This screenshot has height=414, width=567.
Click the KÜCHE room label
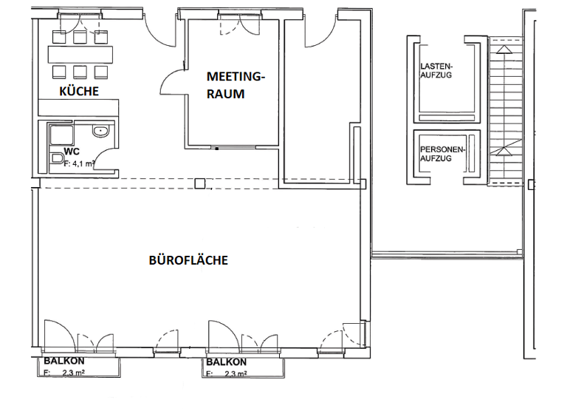(78, 91)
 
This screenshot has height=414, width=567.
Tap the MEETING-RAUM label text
(235, 84)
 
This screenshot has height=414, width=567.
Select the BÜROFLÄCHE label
(188, 260)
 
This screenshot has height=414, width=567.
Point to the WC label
(72, 151)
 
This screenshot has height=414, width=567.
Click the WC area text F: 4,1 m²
(80, 164)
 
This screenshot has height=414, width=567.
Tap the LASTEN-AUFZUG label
(436, 70)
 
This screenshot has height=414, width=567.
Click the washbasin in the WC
(101, 132)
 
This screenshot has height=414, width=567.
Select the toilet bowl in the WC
(57, 157)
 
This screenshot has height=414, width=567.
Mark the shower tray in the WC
(60, 134)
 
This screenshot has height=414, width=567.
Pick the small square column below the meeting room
(200, 183)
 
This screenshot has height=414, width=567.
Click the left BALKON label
(63, 361)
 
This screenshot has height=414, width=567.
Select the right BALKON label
(226, 362)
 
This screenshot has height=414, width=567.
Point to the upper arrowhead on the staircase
(504, 50)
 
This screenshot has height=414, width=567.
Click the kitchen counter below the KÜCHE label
(78, 107)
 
